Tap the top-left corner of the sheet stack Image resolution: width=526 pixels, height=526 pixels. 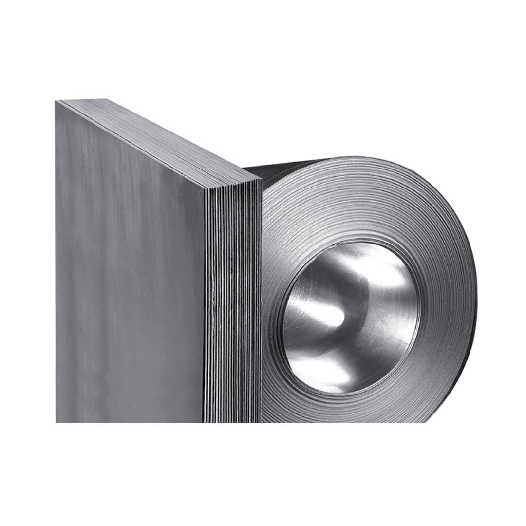coord(56,100)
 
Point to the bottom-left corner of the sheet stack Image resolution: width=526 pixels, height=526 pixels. coord(56,422)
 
